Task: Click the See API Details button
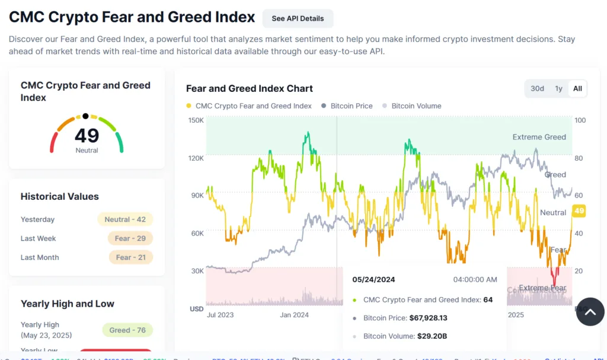click(298, 18)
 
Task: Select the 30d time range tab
click(537, 88)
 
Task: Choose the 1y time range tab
click(558, 88)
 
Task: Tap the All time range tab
click(577, 88)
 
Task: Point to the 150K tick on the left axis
click(196, 120)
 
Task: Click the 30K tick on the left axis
click(196, 271)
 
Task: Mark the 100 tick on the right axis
click(580, 120)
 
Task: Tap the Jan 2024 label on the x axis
click(293, 315)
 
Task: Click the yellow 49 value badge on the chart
click(579, 211)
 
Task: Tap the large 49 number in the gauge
click(87, 136)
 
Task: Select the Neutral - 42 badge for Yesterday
click(125, 219)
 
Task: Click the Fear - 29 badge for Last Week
click(130, 238)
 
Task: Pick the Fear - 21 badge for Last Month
click(130, 257)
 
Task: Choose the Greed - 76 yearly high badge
click(127, 330)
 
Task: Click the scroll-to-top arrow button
click(590, 311)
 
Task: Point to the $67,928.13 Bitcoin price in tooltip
click(436, 318)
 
